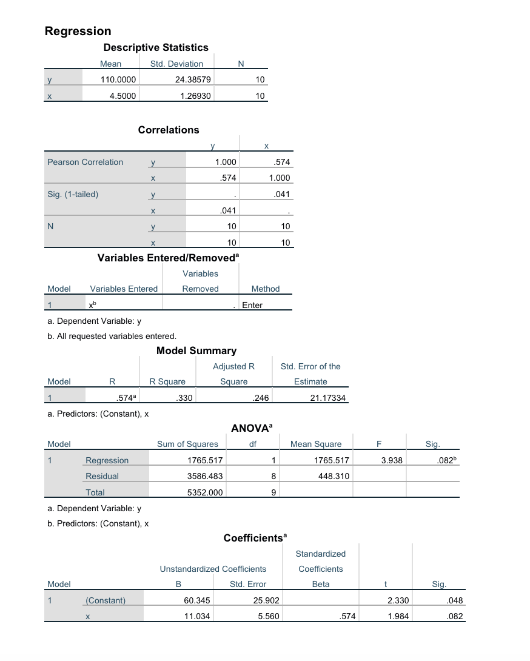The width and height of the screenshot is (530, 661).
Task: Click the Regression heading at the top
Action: [x=78, y=31]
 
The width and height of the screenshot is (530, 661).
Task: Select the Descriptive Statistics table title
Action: [x=156, y=47]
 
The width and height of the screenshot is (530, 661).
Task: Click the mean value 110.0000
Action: [x=119, y=79]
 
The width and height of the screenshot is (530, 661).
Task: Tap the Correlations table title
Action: [x=169, y=130]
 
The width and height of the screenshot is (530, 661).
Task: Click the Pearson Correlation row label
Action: [x=85, y=162]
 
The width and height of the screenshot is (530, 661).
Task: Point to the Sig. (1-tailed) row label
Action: [x=73, y=195]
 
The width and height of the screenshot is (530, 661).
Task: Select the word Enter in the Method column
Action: [x=252, y=305]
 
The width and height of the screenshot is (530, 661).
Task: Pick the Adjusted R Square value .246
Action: [x=260, y=398]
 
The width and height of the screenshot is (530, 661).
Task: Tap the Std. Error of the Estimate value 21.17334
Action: [x=327, y=398]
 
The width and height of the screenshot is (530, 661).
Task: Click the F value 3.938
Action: [x=392, y=460]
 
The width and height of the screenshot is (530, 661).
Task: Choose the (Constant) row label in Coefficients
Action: [x=106, y=600]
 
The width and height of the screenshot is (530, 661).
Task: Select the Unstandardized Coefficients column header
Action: [x=213, y=569]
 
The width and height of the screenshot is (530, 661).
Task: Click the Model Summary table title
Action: [x=196, y=351]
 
